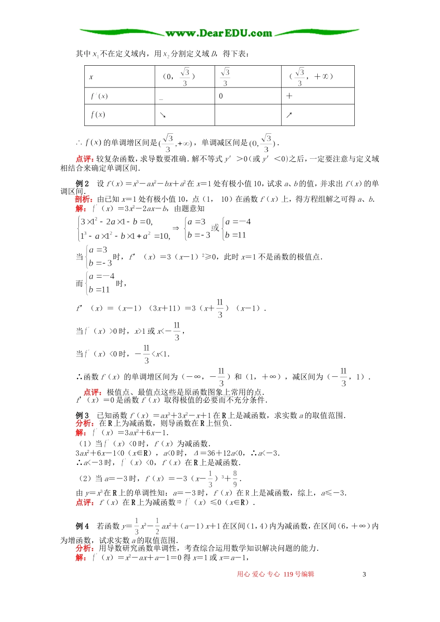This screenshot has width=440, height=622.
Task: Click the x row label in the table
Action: click(x=91, y=77)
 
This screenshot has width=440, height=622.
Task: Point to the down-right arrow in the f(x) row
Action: click(x=163, y=115)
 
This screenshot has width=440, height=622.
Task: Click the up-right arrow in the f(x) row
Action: click(x=289, y=115)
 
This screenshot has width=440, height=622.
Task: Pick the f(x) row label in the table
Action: click(x=98, y=115)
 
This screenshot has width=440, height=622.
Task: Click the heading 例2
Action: click(x=82, y=184)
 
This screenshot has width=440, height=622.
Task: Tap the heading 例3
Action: click(x=82, y=416)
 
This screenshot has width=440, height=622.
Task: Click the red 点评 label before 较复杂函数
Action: click(x=86, y=159)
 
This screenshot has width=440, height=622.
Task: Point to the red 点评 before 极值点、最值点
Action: click(x=93, y=392)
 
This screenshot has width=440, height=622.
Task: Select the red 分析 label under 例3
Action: click(x=84, y=423)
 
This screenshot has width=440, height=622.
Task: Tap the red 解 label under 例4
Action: click(x=81, y=558)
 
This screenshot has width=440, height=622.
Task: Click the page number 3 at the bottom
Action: click(x=364, y=574)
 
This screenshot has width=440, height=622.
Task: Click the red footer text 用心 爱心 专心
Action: click(x=258, y=574)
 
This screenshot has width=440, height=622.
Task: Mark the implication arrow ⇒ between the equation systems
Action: click(x=176, y=228)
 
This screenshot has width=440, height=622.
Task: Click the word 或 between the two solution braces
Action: click(x=215, y=228)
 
